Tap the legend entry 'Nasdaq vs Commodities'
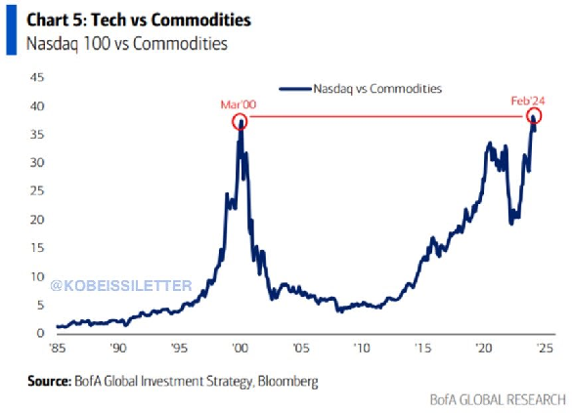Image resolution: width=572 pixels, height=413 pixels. (x=376, y=89)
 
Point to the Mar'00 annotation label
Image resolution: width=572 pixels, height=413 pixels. (x=238, y=103)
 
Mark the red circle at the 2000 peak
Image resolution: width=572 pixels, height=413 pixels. (x=240, y=121)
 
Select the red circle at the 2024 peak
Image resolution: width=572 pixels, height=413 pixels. (x=533, y=117)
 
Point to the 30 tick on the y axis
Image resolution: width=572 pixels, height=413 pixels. (x=38, y=162)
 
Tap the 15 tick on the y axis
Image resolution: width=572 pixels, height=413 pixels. (x=38, y=248)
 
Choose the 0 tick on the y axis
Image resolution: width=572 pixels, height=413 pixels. (x=41, y=334)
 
